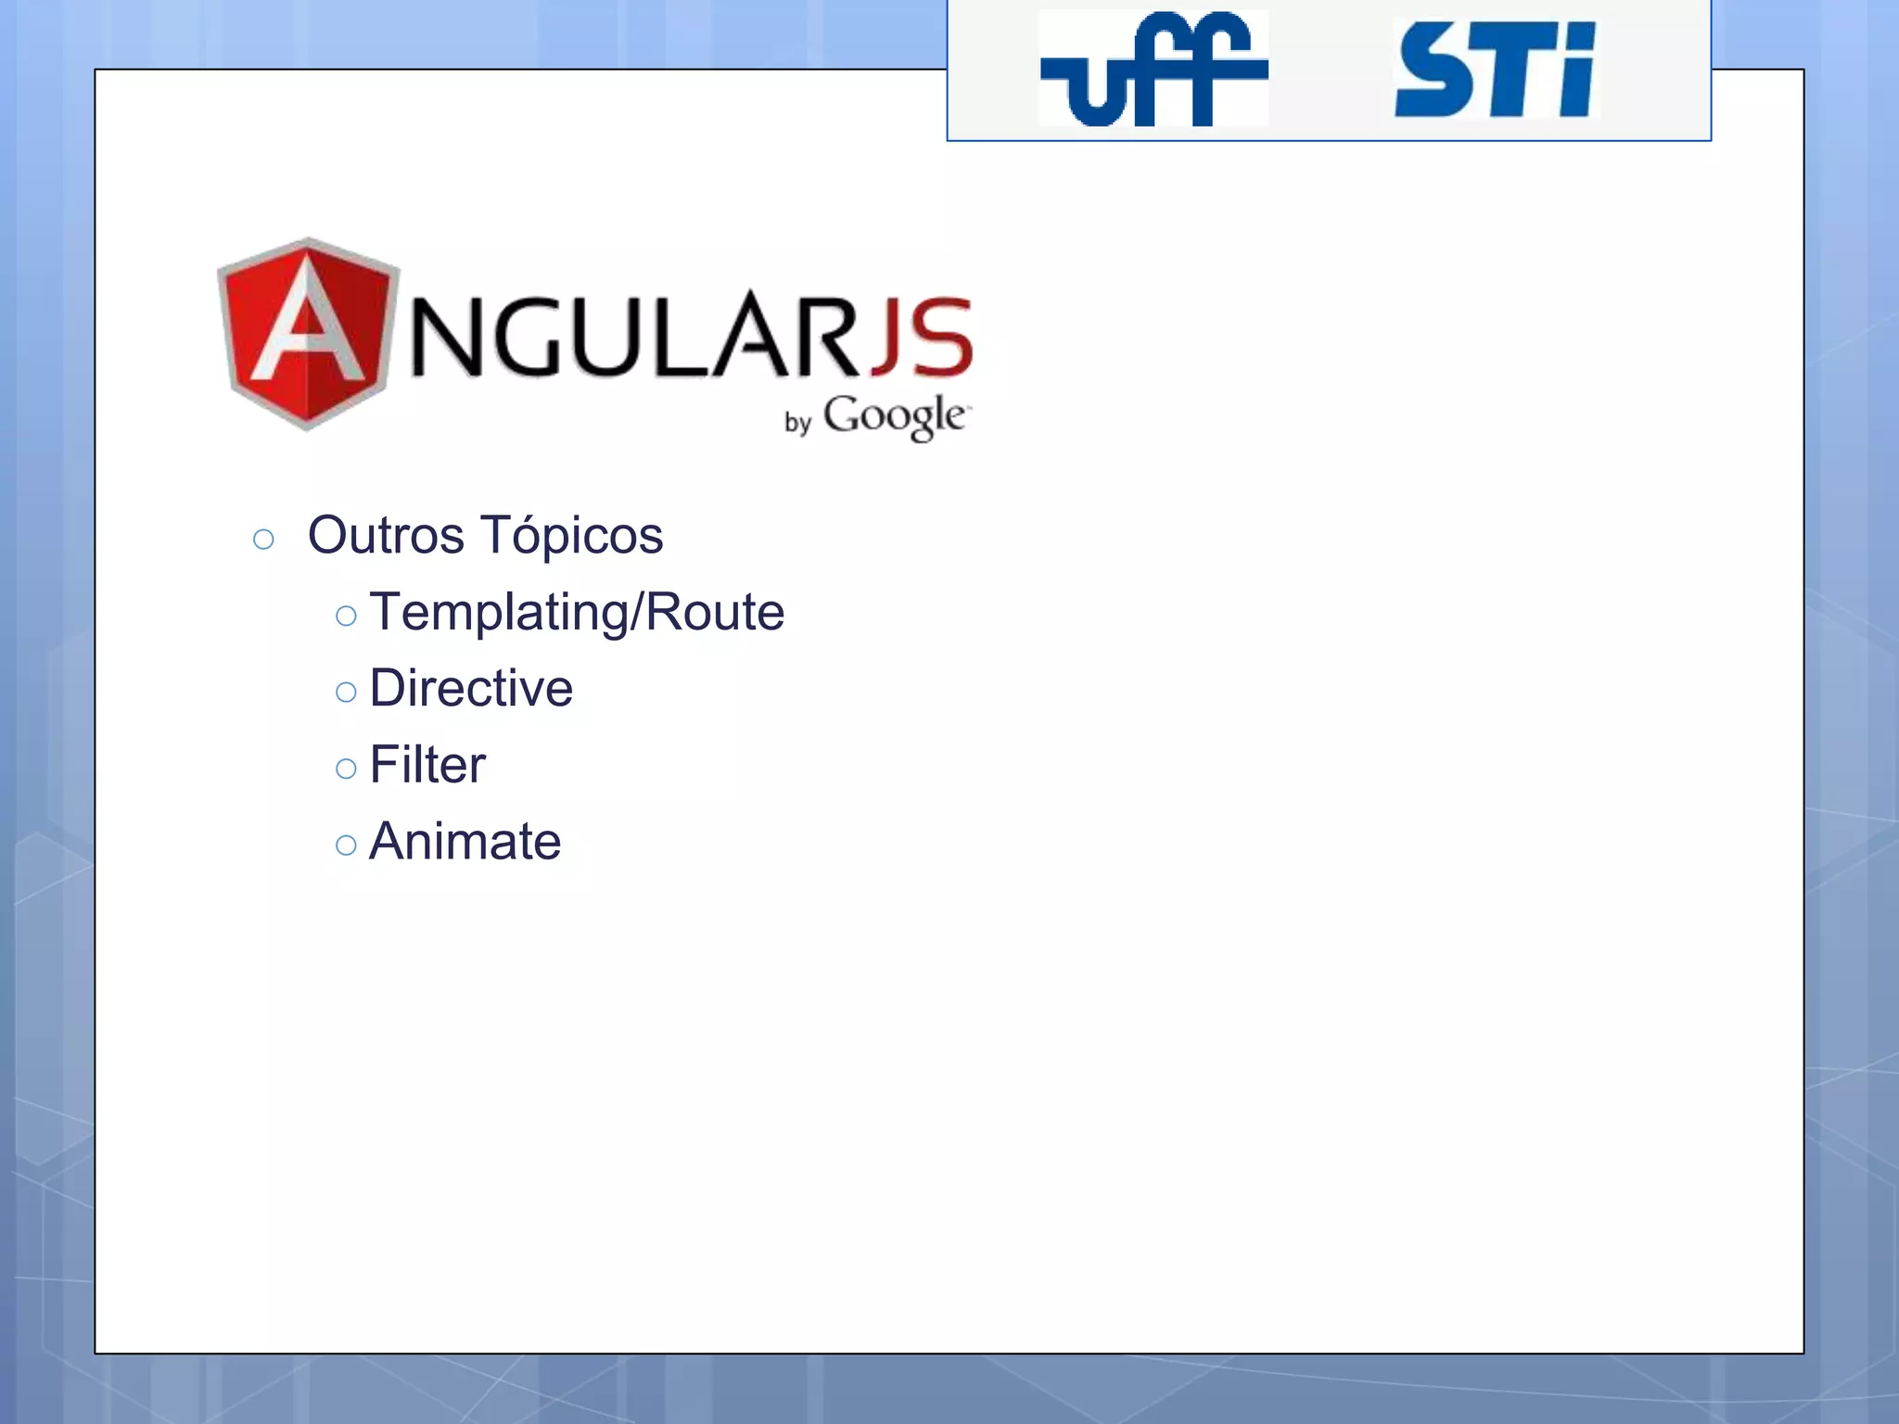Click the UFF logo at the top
pos(1153,69)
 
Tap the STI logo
pos(1496,70)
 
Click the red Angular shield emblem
pos(308,333)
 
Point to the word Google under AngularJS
pos(895,417)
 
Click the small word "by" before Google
pos(797,423)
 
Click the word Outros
pos(386,535)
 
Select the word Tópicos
pos(572,537)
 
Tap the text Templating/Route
pos(577,612)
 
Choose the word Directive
pos(471,688)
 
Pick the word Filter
pos(427,765)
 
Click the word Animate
pos(465,841)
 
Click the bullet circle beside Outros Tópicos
pos(263,540)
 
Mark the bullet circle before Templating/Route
pos(346,616)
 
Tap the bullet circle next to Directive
pos(346,692)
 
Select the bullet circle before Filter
pos(346,769)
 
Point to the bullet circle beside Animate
pos(346,845)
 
